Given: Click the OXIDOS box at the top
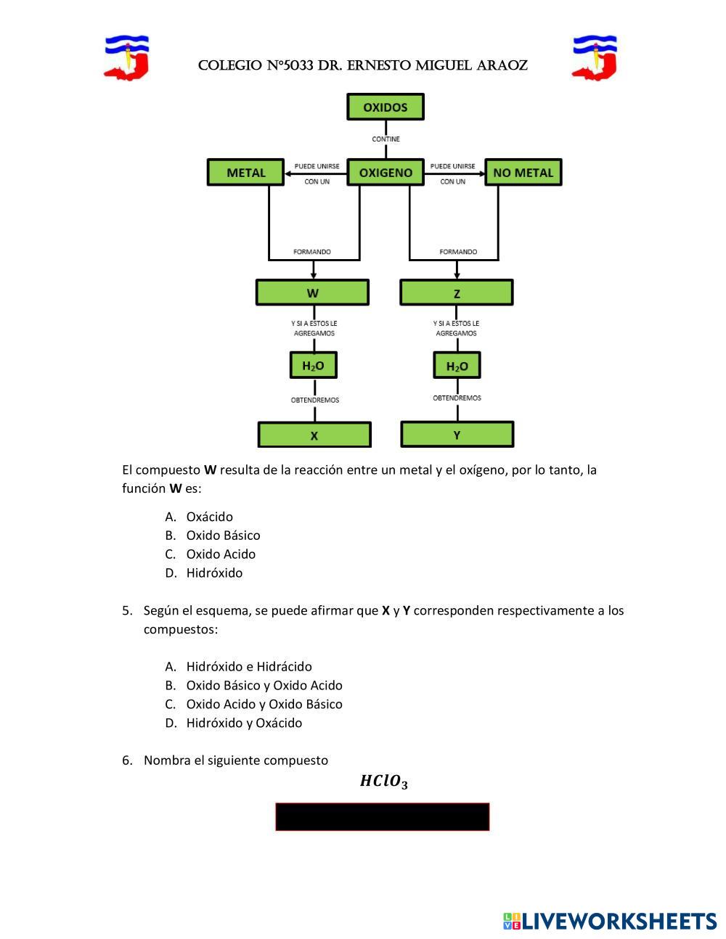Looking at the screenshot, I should (385, 107).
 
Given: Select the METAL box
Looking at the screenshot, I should (246, 173).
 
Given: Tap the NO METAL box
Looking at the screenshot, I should (523, 173).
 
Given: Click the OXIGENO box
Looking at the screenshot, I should (385, 173).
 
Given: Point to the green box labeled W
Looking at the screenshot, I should (312, 292).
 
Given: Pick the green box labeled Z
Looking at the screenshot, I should (456, 292).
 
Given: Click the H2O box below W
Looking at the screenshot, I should (314, 365).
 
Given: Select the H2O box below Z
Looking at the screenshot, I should (457, 365).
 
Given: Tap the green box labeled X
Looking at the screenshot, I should (314, 435).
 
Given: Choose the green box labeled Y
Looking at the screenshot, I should (457, 434).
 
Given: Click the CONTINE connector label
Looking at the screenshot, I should (386, 139).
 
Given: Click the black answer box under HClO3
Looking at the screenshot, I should (383, 816).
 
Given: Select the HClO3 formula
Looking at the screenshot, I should (383, 782).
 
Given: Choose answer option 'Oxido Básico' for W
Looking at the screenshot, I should (223, 535).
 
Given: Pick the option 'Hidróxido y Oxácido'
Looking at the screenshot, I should (244, 722).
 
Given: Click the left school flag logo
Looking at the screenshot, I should (127, 57).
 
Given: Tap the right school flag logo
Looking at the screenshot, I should (595, 57).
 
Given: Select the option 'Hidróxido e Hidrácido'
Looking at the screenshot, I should (249, 666).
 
